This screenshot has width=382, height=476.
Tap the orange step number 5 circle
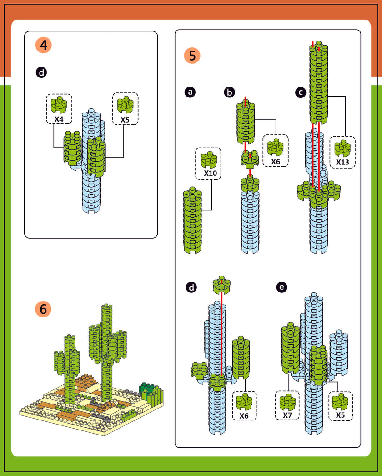click(x=192, y=56)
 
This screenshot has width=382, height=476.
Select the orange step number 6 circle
click(x=43, y=309)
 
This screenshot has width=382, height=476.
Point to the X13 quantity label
click(x=342, y=161)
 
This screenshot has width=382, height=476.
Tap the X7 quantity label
click(x=287, y=415)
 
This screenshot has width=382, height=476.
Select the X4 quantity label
click(x=59, y=119)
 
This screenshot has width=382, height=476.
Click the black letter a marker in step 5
click(x=191, y=92)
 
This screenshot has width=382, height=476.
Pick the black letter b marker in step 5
click(x=230, y=92)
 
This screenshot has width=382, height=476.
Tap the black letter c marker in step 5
click(x=300, y=92)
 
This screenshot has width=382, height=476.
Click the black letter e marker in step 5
click(x=282, y=287)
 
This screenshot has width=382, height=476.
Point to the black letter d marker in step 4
click(x=41, y=72)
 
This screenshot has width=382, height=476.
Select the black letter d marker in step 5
click(x=191, y=287)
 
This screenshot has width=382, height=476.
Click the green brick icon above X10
click(x=209, y=159)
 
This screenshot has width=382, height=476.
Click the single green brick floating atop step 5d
click(x=221, y=284)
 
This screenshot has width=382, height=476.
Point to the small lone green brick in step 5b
click(x=250, y=159)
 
